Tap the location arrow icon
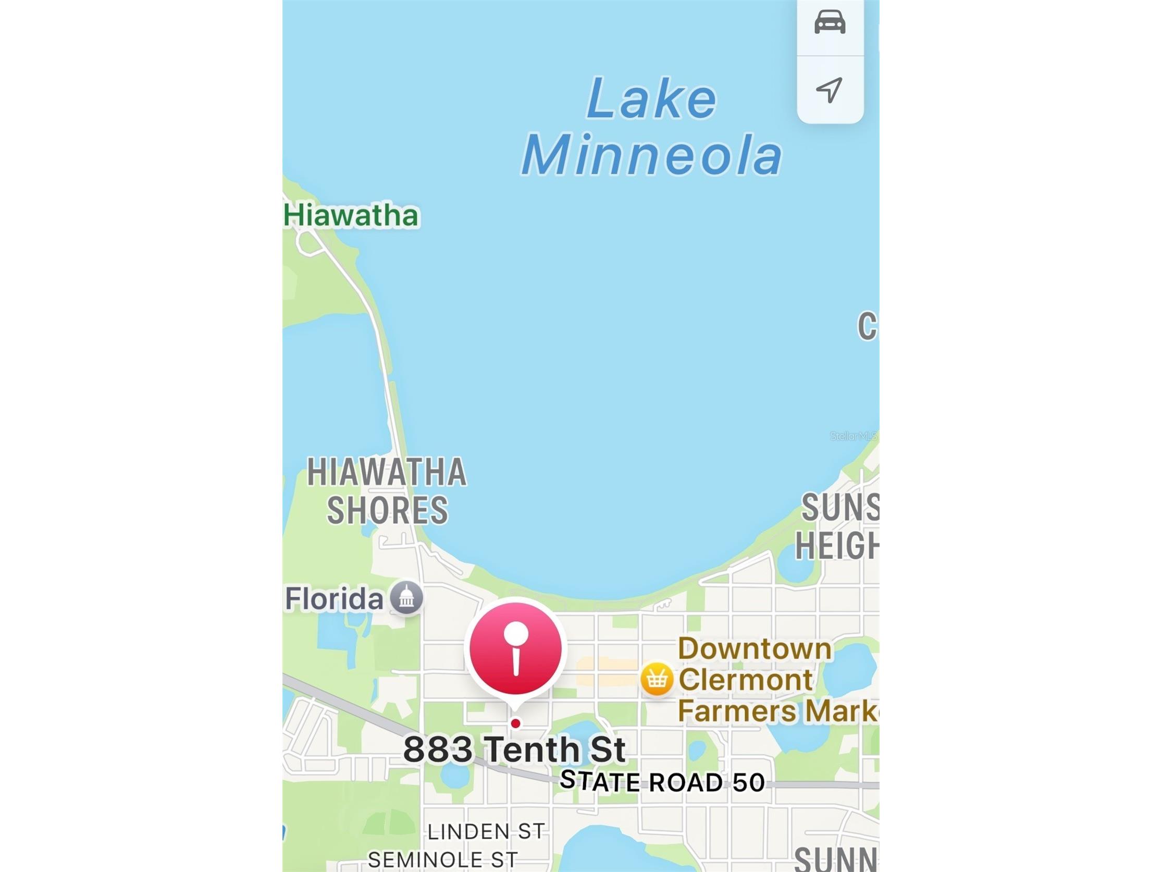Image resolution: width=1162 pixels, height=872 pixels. (x=830, y=90)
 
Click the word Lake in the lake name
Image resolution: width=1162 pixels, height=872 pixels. (x=651, y=99)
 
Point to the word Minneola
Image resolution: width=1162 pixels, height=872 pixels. (x=651, y=155)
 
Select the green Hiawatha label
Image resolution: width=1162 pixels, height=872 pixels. (x=351, y=215)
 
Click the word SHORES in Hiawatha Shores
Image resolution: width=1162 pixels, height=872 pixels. (x=387, y=510)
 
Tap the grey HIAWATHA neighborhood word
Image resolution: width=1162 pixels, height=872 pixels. (x=387, y=472)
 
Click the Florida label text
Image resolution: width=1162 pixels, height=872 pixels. (x=334, y=599)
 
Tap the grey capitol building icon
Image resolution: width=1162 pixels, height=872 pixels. (x=406, y=598)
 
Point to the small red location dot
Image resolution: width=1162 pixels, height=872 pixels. (x=515, y=724)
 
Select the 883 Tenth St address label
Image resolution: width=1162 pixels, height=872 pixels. (x=514, y=749)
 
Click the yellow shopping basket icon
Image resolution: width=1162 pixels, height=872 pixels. (x=657, y=679)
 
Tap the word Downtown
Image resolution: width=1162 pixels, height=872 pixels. (x=755, y=648)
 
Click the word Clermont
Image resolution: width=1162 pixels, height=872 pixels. (x=746, y=680)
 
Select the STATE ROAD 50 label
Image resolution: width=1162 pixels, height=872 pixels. (x=662, y=782)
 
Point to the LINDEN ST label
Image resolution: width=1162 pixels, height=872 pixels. (x=486, y=831)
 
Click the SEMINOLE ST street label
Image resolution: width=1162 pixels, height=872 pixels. (x=443, y=861)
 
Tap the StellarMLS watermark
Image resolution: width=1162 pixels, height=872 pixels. (x=853, y=436)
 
